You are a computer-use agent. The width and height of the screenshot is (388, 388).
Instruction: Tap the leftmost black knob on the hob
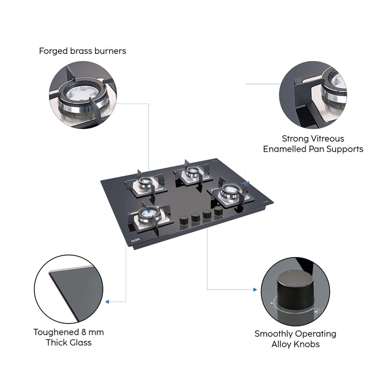[184, 220]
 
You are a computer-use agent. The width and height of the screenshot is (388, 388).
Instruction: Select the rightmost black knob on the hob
[218, 213]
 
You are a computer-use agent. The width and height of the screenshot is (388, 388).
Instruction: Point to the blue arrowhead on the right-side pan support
[246, 184]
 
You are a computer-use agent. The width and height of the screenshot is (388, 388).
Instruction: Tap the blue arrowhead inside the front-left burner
[145, 210]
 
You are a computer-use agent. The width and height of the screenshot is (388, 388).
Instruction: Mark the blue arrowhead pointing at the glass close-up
[107, 302]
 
